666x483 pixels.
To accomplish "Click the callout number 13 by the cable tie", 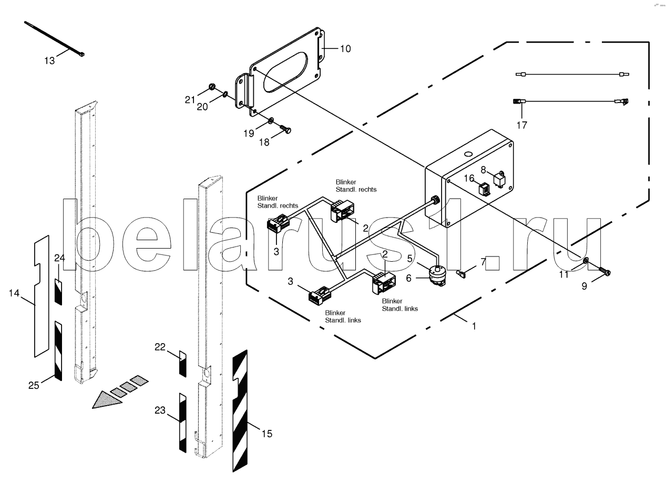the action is pos(49,61).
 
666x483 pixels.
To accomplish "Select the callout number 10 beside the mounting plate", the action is pos(345,49).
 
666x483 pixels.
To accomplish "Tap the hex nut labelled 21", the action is pos(212,87).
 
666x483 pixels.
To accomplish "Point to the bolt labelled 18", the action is pos(285,129).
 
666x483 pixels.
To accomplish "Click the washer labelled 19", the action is pos(271,120).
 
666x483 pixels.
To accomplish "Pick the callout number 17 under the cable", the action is pos(522,125).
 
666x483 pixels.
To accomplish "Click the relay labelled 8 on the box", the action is pos(499,179).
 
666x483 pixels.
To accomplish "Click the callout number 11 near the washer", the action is pos(563,274).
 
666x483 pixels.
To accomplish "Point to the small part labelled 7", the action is pos(460,273).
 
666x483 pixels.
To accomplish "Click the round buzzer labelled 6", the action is pos(436,275).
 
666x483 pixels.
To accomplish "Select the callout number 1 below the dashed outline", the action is pos(474,326).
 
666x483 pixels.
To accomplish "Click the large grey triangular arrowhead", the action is pos(107,400).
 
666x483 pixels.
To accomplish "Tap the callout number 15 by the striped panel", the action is pos(267,434).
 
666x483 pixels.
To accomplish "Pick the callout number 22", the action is pos(160,347).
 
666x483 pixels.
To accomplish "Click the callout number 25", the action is pos(34,386).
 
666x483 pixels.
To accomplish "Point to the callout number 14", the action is pos(14,293).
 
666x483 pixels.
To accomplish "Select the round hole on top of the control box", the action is pos(468,154).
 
